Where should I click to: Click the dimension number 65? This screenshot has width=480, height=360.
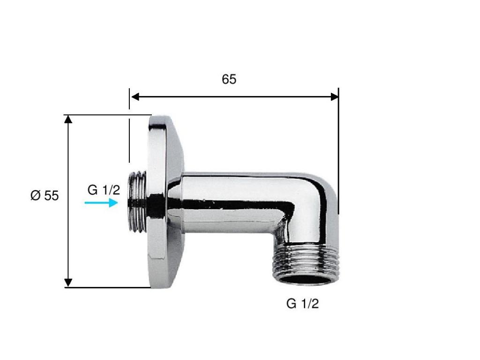coord(229,79)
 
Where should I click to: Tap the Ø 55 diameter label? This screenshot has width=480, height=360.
coord(45,195)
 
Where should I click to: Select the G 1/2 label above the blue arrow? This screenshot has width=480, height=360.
coord(104,190)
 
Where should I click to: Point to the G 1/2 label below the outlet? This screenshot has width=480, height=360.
coord(302,304)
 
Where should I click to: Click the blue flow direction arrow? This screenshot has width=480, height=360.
coord(101,202)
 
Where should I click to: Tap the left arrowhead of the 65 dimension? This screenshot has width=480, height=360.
coord(135,97)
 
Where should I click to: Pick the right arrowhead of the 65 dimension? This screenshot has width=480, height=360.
coord(335,97)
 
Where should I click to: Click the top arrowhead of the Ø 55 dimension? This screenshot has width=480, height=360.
coord(68,119)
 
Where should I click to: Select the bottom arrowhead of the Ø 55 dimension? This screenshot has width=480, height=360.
coord(68,283)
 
